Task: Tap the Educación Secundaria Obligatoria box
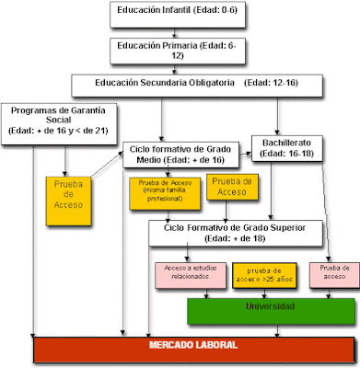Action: (x=198, y=84)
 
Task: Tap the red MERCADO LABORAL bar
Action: (x=192, y=347)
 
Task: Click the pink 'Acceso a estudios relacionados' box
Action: (x=184, y=273)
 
